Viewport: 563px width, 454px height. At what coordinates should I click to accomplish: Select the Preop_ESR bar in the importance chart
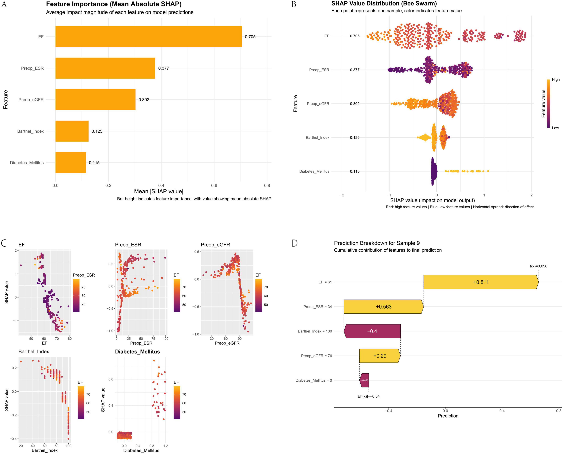(x=105, y=68)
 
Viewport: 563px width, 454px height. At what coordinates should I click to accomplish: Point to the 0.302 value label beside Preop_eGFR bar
(x=144, y=100)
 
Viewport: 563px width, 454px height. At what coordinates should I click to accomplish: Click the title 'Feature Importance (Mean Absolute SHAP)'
(x=114, y=4)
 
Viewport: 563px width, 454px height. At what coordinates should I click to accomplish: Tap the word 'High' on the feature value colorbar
(x=556, y=80)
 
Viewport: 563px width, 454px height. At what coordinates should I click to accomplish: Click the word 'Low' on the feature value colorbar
(x=555, y=128)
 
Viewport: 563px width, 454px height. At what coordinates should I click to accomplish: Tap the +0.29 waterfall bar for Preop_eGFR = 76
(x=380, y=356)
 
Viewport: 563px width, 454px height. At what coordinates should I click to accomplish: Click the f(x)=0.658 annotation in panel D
(x=538, y=266)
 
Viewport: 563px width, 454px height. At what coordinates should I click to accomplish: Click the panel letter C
(x=4, y=243)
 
